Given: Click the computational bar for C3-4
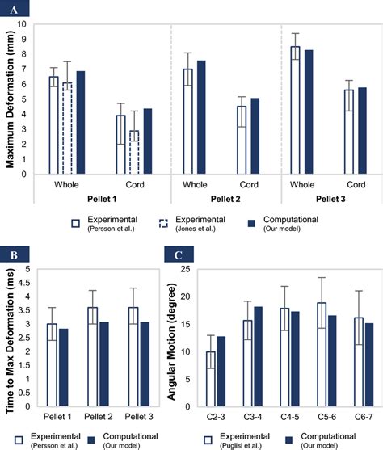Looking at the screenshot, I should point(258,357).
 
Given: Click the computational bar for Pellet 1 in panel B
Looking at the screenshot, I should point(64,368).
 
